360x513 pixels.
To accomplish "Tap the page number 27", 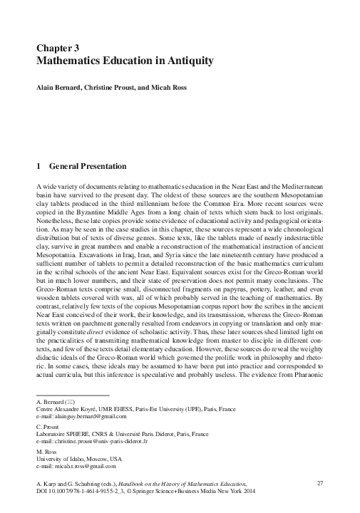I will [319, 484].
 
